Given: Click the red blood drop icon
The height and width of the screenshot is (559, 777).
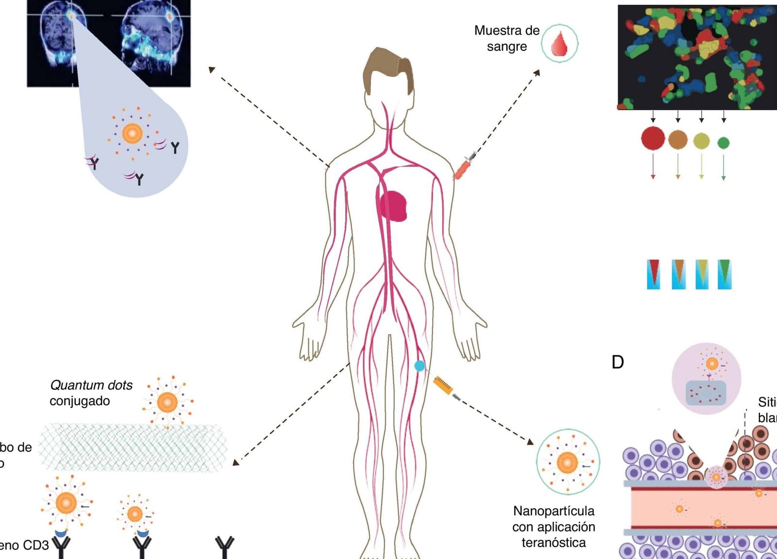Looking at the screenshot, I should [559, 43].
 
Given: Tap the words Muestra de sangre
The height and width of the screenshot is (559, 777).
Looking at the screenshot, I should [507, 38].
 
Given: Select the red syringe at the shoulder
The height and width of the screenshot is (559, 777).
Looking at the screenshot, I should [464, 166].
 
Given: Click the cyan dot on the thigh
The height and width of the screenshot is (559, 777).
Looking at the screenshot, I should [420, 366].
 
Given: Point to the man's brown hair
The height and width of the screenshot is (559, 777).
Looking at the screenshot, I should [387, 68].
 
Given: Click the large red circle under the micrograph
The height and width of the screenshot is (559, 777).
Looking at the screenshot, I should [653, 138].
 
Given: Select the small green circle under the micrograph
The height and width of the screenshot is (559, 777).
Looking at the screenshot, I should [723, 143].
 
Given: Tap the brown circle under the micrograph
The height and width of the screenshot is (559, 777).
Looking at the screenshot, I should [678, 139].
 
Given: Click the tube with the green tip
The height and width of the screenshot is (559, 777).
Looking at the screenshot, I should [724, 274].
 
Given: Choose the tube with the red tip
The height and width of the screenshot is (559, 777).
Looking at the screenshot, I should [654, 274].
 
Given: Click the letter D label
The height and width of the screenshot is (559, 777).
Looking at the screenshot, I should [618, 362].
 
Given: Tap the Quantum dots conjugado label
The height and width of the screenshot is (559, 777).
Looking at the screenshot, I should [91, 393].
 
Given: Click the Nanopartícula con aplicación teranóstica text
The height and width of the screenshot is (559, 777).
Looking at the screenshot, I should [554, 526].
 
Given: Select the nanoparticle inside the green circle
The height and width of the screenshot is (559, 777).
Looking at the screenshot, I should [567, 462].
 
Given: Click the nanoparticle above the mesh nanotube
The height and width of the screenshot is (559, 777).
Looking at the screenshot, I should [168, 402].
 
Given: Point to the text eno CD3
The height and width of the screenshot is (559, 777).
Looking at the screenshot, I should [24, 545].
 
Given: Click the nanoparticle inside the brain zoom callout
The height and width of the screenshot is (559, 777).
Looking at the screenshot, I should [132, 133].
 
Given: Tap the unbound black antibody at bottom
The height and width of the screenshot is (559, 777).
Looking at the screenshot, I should [225, 546].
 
